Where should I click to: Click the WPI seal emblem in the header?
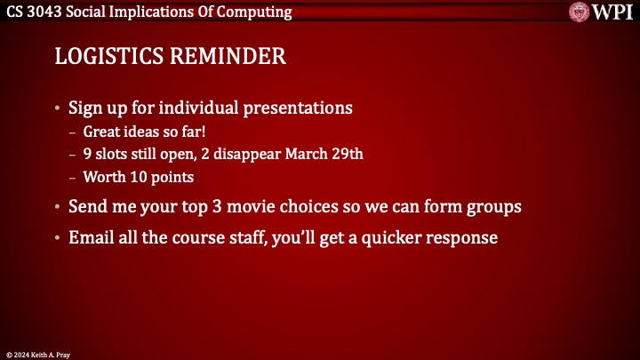581,12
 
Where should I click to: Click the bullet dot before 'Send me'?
59,207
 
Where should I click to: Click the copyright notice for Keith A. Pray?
39,354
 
